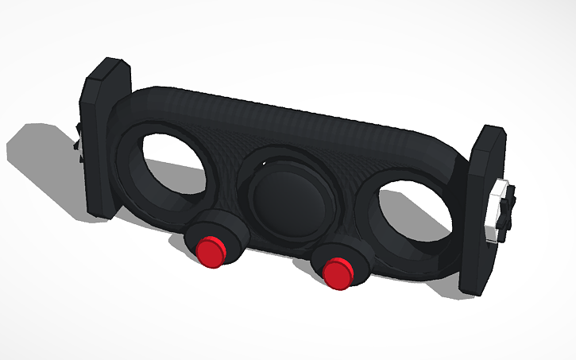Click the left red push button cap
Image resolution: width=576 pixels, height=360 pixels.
click(x=211, y=252)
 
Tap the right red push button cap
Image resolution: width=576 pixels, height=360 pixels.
click(x=339, y=271)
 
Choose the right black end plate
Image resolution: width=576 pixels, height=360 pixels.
click(x=482, y=215)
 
